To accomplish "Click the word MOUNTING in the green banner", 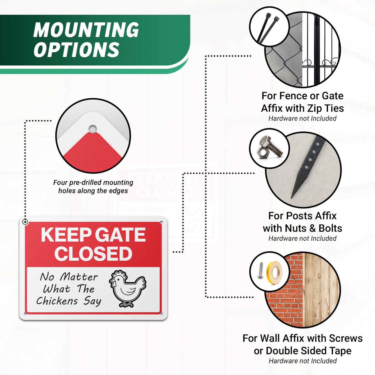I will (86, 30).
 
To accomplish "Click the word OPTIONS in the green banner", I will (76, 50).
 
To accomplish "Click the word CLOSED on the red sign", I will (93, 254).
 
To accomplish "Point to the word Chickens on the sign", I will (57, 301).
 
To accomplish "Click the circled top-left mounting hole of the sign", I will (25, 222).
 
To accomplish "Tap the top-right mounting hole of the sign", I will (161, 222).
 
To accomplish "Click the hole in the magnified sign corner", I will (92, 129).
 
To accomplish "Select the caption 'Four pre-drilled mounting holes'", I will (93, 186).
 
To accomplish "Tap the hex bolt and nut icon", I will (269, 149).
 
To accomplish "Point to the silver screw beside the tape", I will (260, 271).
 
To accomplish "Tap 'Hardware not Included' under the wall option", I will (303, 361).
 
